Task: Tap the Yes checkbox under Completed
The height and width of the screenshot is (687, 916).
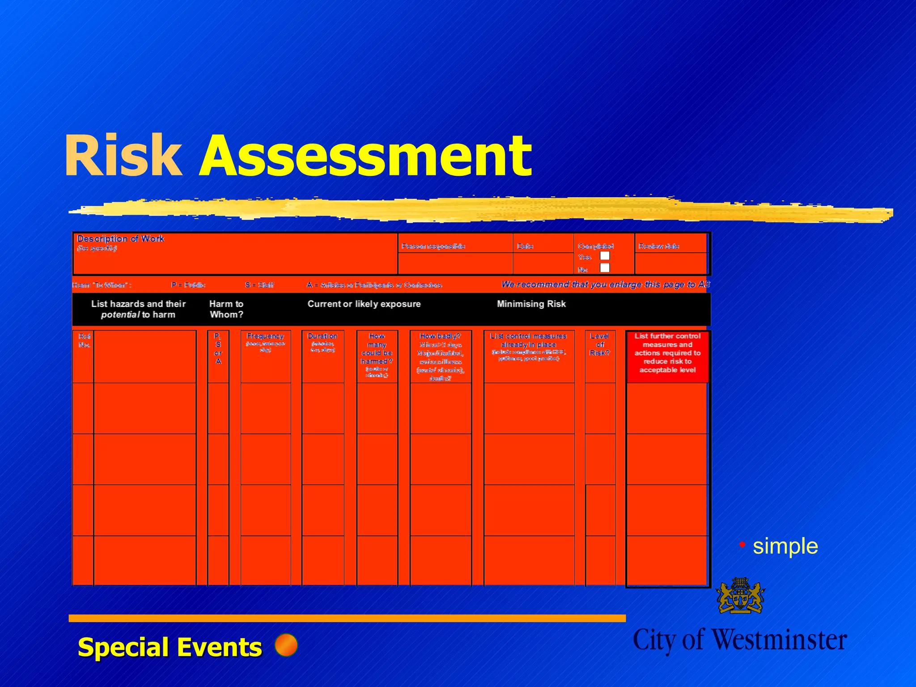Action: (x=605, y=256)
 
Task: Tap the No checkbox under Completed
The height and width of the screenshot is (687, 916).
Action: (x=605, y=268)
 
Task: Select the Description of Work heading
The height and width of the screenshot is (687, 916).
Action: (x=121, y=239)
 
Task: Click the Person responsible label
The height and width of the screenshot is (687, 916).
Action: (x=433, y=246)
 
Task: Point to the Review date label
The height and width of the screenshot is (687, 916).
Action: (x=659, y=246)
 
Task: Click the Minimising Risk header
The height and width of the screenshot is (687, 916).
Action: (x=531, y=304)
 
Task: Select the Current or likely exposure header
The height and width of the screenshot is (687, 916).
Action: (x=364, y=304)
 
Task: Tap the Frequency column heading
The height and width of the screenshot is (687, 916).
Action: (x=265, y=336)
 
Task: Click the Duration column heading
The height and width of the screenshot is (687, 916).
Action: (x=322, y=336)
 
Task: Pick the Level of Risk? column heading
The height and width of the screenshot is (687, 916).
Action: (x=600, y=344)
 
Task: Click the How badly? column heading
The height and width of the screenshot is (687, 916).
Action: (x=440, y=336)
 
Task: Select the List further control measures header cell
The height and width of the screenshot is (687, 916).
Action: (x=667, y=353)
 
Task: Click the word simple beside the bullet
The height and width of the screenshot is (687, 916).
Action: (x=785, y=546)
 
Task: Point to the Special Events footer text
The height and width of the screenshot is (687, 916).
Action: (x=170, y=647)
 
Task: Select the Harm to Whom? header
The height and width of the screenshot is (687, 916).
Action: (x=226, y=309)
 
